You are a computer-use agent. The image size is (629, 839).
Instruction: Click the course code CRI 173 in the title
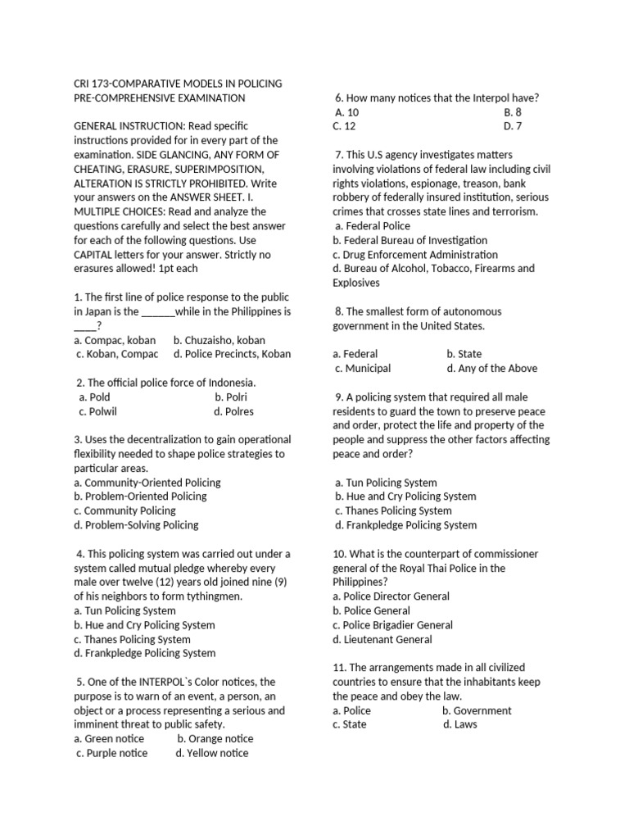point(94,84)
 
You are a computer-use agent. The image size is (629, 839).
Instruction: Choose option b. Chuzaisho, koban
point(219,340)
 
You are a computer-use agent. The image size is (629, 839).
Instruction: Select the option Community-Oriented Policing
point(147,483)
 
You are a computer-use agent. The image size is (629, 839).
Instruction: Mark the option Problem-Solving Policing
point(136,524)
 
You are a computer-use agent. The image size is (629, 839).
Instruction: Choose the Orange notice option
point(215,738)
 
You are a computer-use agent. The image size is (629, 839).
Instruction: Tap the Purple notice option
point(111,753)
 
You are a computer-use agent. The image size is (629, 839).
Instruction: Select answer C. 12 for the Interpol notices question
point(344,126)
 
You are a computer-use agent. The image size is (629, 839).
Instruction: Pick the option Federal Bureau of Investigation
point(410,240)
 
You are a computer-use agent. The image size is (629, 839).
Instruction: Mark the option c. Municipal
point(363,369)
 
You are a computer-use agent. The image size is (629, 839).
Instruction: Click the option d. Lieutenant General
point(382,639)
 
